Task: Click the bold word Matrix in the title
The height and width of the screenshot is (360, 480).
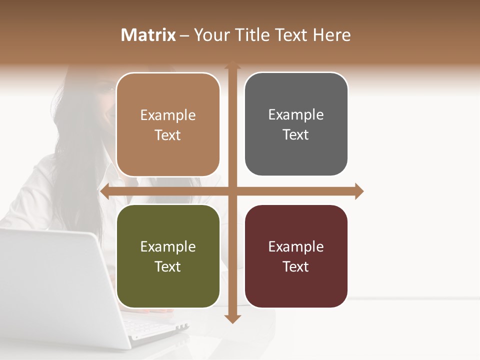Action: (x=148, y=35)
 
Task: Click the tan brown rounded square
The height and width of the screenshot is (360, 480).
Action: (x=168, y=124)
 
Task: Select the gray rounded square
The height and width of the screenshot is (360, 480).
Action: (x=296, y=124)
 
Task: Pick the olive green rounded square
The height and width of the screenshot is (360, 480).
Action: (x=168, y=256)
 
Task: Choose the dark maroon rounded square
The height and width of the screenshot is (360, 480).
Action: (x=296, y=256)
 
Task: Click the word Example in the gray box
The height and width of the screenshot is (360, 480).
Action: (x=296, y=114)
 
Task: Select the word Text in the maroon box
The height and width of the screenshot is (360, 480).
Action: (x=296, y=266)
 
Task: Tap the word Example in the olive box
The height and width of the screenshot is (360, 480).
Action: (x=168, y=246)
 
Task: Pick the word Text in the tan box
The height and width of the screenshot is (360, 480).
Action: (x=168, y=135)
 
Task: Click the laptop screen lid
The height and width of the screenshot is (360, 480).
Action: (x=55, y=280)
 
